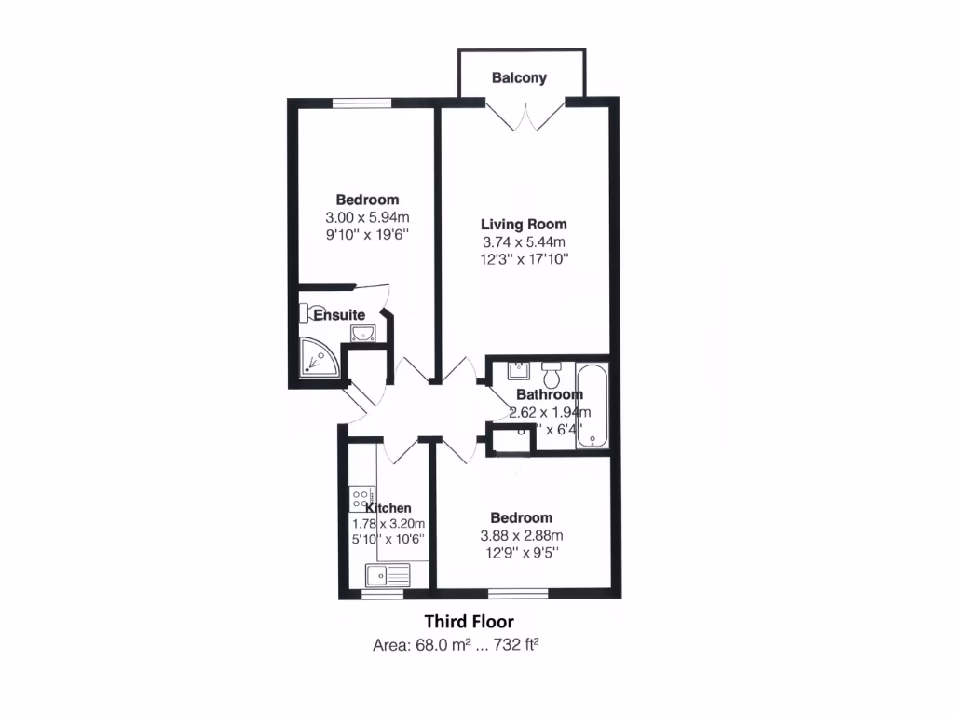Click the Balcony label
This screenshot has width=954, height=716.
point(520,78)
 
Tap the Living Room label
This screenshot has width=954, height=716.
point(524,224)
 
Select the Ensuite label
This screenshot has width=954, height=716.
point(338,315)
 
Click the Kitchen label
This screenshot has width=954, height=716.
point(388,508)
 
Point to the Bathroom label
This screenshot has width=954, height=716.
point(550,394)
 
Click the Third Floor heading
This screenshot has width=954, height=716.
point(469,621)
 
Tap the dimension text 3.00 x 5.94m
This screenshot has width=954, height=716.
point(367,217)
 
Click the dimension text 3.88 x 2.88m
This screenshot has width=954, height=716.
point(522,535)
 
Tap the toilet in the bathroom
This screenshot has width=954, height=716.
point(551,375)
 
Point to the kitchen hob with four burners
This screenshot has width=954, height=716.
point(361,499)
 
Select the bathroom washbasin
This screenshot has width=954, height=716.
point(517,371)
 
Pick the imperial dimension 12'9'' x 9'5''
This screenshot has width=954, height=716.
point(522,553)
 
